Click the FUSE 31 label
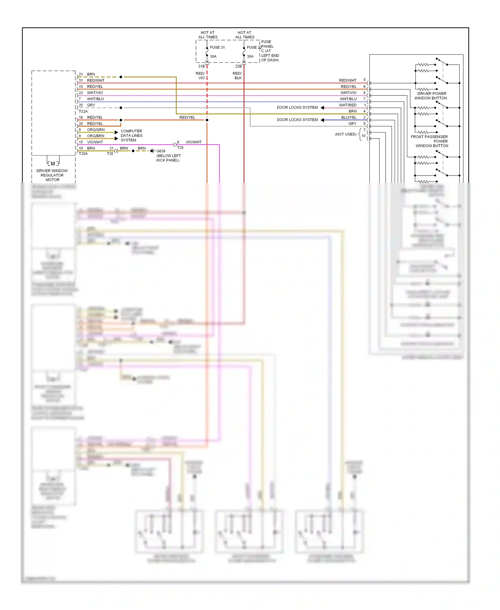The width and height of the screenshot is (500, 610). pyautogui.click(x=217, y=47)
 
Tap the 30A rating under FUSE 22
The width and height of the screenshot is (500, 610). pyautogui.click(x=250, y=56)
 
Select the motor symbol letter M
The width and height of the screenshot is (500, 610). pyautogui.click(x=53, y=164)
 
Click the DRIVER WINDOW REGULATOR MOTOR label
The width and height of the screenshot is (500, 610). pyautogui.click(x=52, y=175)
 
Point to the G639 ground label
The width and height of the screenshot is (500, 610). pyautogui.click(x=161, y=151)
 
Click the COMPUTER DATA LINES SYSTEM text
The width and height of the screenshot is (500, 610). pyautogui.click(x=131, y=135)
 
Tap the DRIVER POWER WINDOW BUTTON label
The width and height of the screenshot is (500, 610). pyautogui.click(x=431, y=96)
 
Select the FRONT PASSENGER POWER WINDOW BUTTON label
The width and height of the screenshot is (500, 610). pyautogui.click(x=430, y=141)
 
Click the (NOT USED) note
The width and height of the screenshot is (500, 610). pyautogui.click(x=345, y=134)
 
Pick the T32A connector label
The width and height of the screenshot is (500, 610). pyautogui.click(x=83, y=111)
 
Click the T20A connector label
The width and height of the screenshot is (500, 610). pyautogui.click(x=83, y=154)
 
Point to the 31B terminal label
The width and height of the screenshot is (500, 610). pyautogui.click(x=201, y=66)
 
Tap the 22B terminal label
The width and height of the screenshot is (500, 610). pyautogui.click(x=238, y=66)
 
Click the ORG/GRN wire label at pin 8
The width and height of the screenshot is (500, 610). pyautogui.click(x=96, y=130)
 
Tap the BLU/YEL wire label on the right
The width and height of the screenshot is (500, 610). pyautogui.click(x=349, y=117)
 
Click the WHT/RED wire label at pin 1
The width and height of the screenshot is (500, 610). pyautogui.click(x=348, y=105)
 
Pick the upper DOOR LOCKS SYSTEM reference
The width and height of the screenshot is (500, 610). pyautogui.click(x=297, y=107)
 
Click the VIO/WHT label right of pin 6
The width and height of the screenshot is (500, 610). pyautogui.click(x=193, y=142)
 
